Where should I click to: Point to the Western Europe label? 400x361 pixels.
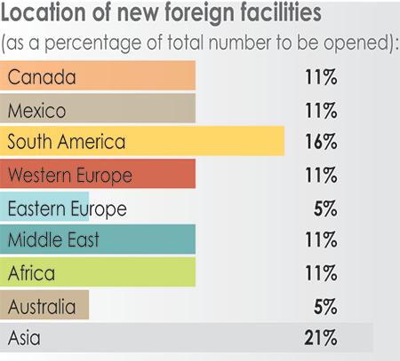(x=69, y=175)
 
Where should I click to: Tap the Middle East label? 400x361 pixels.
(x=52, y=239)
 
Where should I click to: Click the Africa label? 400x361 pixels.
(x=31, y=272)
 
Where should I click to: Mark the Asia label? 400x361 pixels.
(x=25, y=337)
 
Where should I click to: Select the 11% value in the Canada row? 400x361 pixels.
(x=319, y=78)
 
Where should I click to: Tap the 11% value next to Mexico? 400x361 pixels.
(x=319, y=111)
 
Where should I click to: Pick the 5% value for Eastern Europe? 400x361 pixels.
(x=324, y=209)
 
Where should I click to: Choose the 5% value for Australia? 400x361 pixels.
(x=324, y=307)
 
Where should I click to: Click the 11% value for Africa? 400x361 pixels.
(x=319, y=273)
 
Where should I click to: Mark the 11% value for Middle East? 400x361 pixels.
(x=319, y=240)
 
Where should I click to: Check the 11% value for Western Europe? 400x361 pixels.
(x=319, y=176)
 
